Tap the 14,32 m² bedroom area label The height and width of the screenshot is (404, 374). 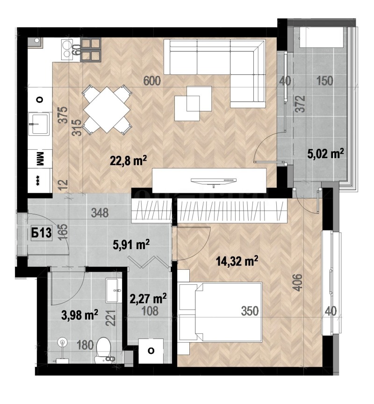point(237,261)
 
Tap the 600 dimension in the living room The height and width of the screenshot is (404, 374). point(152,81)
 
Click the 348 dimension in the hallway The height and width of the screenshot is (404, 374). point(100,213)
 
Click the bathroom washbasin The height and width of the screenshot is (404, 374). point(114,290)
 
